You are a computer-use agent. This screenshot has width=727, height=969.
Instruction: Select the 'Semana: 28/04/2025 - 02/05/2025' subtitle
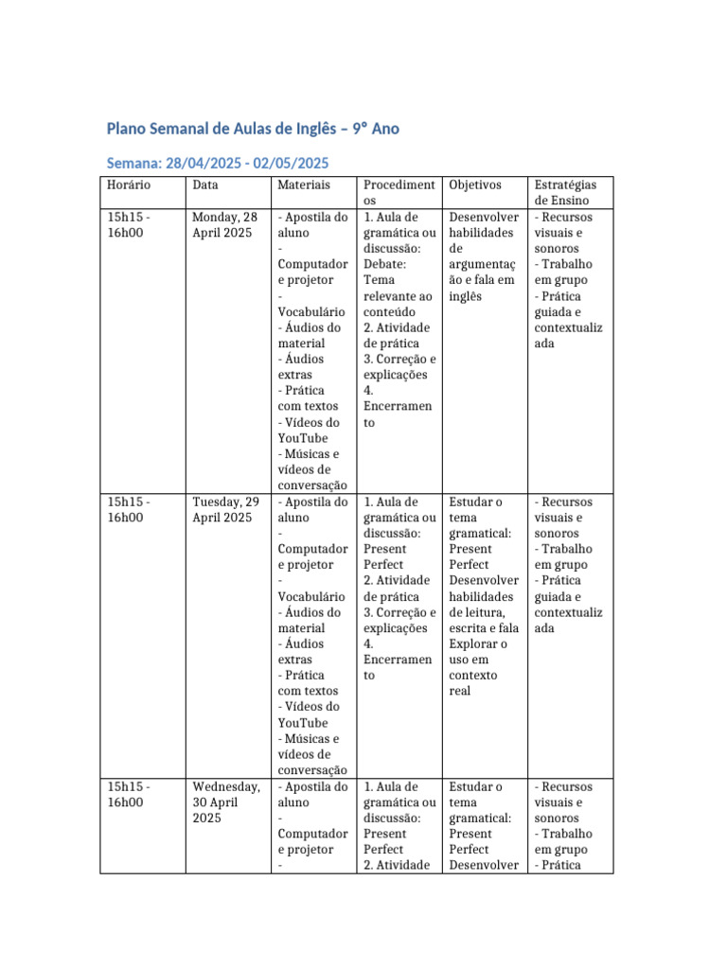point(218,163)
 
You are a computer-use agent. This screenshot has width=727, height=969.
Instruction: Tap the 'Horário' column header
point(129,185)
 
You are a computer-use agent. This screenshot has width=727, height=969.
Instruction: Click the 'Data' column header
point(205,185)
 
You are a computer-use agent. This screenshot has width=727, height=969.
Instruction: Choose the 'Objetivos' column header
point(475,185)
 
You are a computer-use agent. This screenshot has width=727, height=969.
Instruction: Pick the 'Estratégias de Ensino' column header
point(566,193)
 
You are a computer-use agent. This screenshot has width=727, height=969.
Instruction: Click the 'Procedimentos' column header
point(399,193)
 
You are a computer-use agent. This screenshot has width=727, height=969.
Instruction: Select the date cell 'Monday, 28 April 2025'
point(224,225)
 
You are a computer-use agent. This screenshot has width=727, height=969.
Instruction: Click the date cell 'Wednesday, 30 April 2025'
point(226,802)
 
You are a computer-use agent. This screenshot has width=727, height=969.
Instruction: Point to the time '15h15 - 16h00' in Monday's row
point(128,225)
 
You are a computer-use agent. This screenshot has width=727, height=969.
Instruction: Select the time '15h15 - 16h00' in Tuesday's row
point(128,510)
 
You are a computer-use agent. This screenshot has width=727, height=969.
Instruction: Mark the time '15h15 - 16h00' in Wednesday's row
point(128,795)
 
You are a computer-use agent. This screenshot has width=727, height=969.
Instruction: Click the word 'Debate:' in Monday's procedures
point(384,264)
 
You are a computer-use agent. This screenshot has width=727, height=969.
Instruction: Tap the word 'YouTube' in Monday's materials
point(303,438)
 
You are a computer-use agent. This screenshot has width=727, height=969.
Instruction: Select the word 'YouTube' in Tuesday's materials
point(303,723)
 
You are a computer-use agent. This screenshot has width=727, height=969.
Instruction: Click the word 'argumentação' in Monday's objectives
point(483,272)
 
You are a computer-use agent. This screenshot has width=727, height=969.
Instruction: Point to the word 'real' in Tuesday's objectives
point(460,691)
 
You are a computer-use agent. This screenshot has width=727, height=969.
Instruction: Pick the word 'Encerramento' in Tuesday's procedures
point(397,667)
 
